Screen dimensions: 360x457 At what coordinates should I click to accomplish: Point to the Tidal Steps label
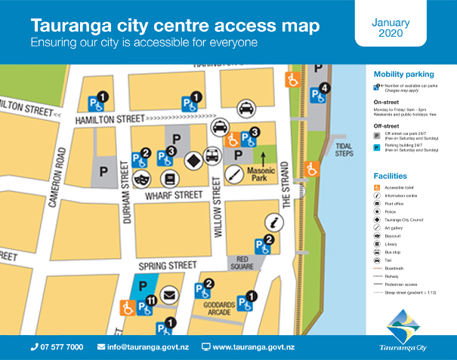343,150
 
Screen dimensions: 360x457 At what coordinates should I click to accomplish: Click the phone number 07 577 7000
57,347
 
